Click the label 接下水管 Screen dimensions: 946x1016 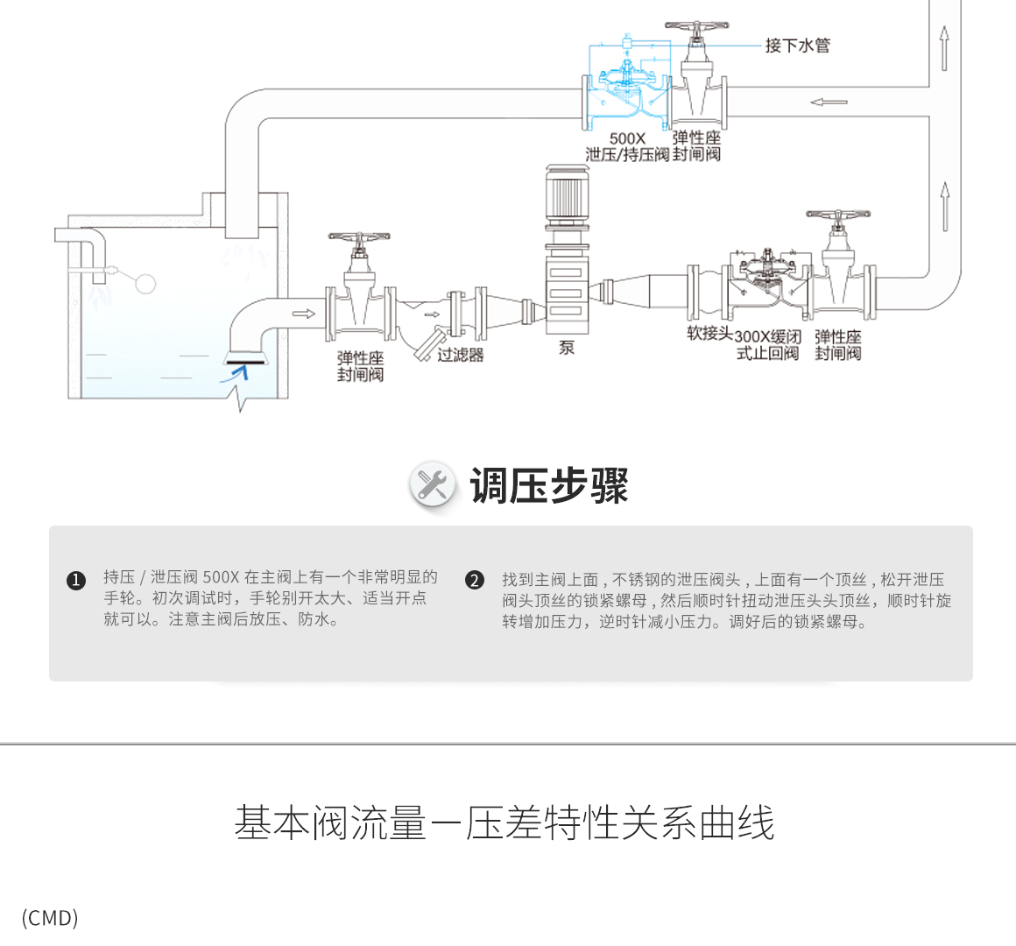797,46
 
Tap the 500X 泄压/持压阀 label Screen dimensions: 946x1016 627,147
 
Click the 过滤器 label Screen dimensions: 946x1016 461,355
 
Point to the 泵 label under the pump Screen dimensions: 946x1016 567,348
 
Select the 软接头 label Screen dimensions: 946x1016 709,334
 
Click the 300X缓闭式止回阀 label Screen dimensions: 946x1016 768,345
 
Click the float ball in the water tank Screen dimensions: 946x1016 145,282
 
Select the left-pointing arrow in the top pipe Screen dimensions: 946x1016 829,102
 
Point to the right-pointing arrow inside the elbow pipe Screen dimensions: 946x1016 303,314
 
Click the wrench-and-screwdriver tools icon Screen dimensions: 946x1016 433,484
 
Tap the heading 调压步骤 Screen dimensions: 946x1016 549,485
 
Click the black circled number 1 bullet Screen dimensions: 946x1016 76,580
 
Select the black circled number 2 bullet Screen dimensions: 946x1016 475,580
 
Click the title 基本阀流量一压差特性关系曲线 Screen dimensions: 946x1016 504,823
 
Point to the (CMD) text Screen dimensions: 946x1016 50,918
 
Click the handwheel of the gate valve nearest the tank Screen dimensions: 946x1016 358,237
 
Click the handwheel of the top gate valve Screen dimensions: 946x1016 696,27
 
